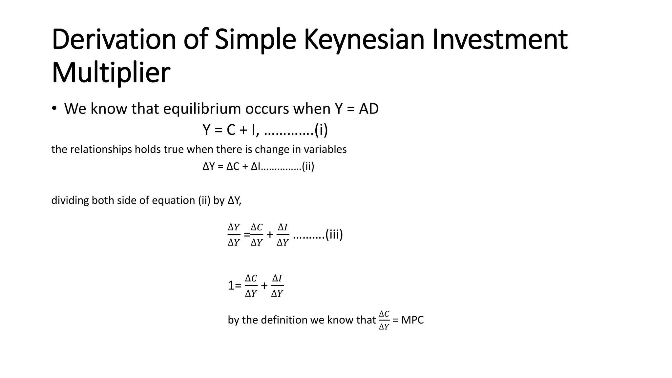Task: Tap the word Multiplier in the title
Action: pyautogui.click(x=111, y=73)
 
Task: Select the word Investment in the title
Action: pyautogui.click(x=500, y=40)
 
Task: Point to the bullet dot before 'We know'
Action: pyautogui.click(x=54, y=109)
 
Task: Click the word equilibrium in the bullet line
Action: pyautogui.click(x=202, y=109)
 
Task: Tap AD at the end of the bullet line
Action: pyautogui.click(x=369, y=109)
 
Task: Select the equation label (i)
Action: pyautogui.click(x=321, y=130)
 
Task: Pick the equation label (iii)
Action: pyautogui.click(x=334, y=235)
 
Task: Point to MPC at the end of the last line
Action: pyautogui.click(x=412, y=320)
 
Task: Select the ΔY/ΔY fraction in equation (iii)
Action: pyautogui.click(x=234, y=235)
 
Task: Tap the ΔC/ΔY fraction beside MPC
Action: pyautogui.click(x=384, y=320)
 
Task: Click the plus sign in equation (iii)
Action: pyautogui.click(x=270, y=235)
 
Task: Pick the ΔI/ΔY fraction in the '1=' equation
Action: pyautogui.click(x=277, y=286)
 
